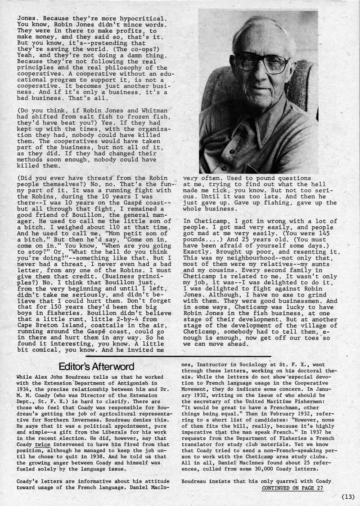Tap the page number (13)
[348, 497]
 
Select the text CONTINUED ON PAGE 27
[292, 488]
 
